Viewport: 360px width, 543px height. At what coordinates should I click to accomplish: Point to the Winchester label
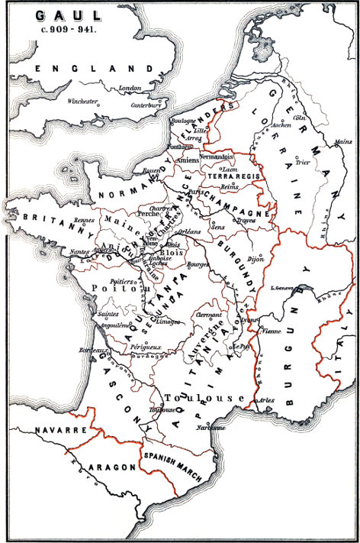[x=82, y=101]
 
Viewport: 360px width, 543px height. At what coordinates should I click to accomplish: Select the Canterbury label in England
[x=148, y=105]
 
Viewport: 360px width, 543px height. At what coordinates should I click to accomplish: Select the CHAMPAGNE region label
[x=244, y=205]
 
